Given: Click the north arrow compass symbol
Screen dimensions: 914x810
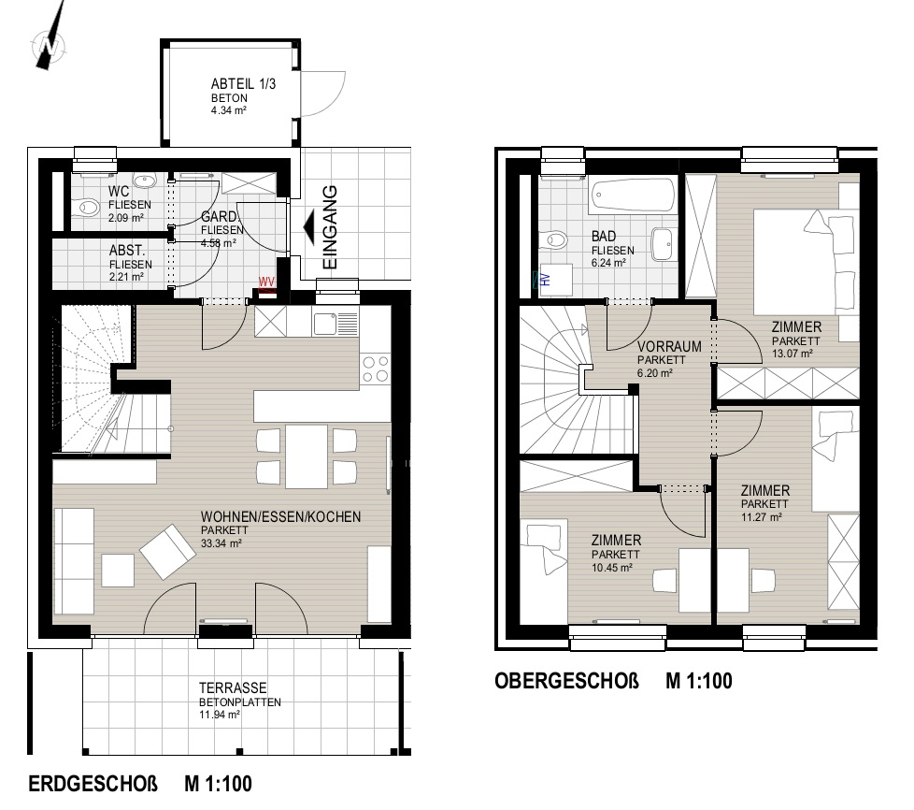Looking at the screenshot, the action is tap(50, 42).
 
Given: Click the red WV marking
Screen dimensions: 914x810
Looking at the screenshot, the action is tap(266, 282).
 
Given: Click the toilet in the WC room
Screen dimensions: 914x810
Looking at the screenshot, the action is tap(89, 207).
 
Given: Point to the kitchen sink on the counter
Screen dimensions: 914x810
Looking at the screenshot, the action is tap(336, 324).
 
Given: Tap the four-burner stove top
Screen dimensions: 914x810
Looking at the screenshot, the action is tap(376, 369).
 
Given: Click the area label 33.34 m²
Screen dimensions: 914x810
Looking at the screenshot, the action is tap(221, 543).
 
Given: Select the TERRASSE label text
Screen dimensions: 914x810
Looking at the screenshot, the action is tap(233, 688).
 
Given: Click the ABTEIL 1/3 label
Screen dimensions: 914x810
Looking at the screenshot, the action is tap(243, 84).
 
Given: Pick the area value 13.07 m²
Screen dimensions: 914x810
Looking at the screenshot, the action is tap(793, 354).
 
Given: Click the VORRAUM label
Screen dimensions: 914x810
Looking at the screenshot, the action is tap(669, 347).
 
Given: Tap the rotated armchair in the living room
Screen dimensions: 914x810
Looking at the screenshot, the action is tap(168, 552).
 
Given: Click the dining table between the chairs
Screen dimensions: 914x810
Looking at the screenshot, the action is tap(306, 456).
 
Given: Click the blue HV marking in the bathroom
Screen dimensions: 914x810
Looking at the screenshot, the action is tap(546, 279).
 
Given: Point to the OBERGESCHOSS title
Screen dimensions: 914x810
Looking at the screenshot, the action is tap(566, 681).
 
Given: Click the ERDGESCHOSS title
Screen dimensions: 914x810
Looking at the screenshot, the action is tap(93, 784).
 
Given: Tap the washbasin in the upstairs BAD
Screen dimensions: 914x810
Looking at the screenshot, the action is tap(664, 243).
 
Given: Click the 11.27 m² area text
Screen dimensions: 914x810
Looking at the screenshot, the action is tap(762, 517).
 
